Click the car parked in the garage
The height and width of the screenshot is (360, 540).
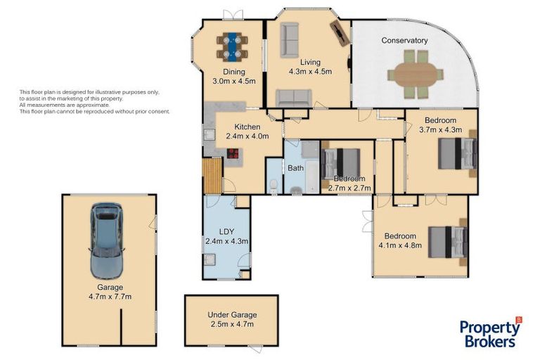tap(106, 240)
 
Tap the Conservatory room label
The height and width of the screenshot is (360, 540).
tap(404, 40)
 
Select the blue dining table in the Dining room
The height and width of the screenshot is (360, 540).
tap(232, 46)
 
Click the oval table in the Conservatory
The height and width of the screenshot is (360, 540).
tap(416, 75)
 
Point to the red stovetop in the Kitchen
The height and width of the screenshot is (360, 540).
tap(233, 153)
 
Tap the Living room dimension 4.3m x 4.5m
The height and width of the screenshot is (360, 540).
tap(310, 72)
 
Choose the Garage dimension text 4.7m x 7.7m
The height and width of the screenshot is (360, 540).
tap(110, 296)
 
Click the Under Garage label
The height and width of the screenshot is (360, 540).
tap(232, 314)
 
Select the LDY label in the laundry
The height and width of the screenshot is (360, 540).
tap(226, 231)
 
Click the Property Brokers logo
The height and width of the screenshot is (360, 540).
tap(490, 333)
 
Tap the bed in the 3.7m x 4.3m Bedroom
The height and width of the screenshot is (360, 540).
tap(457, 153)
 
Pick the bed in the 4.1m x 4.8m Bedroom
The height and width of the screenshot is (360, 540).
tap(447, 242)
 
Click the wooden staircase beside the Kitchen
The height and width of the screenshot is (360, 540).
tap(212, 176)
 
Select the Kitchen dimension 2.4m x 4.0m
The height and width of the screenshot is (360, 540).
tap(247, 136)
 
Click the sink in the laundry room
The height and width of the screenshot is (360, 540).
tap(210, 259)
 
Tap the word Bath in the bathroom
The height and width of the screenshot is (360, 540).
tap(295, 168)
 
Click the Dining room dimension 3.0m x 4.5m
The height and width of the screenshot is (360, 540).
tap(234, 82)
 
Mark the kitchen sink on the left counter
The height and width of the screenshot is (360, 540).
tap(209, 134)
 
